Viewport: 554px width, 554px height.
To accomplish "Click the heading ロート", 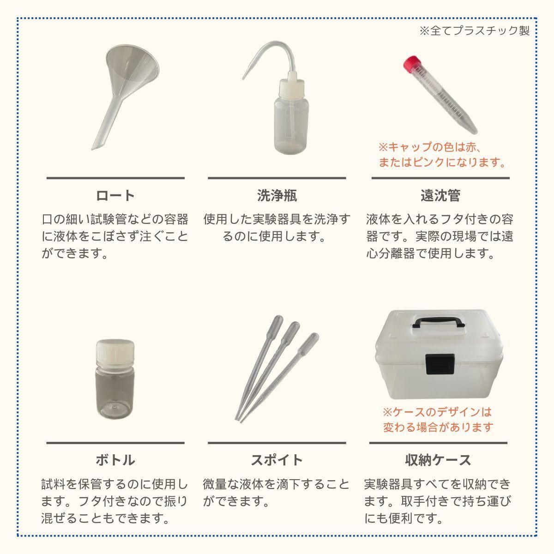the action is coord(115,196).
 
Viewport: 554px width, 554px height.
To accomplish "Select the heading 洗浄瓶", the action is coord(277,196).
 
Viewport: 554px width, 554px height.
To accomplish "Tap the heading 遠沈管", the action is coord(440,196).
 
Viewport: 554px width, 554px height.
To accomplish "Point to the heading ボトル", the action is coord(115,460).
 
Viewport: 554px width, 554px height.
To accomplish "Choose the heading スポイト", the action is coord(277,460).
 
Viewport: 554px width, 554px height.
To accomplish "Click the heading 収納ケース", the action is coord(438,460).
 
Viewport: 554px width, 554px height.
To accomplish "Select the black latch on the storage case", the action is coord(440,364).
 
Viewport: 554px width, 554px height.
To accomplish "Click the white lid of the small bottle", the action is coord(115,352).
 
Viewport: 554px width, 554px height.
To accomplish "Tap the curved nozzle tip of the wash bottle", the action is coord(243,78).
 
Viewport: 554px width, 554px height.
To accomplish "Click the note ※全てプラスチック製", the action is coord(475,31).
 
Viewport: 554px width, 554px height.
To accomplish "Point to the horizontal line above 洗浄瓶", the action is coord(277,178).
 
